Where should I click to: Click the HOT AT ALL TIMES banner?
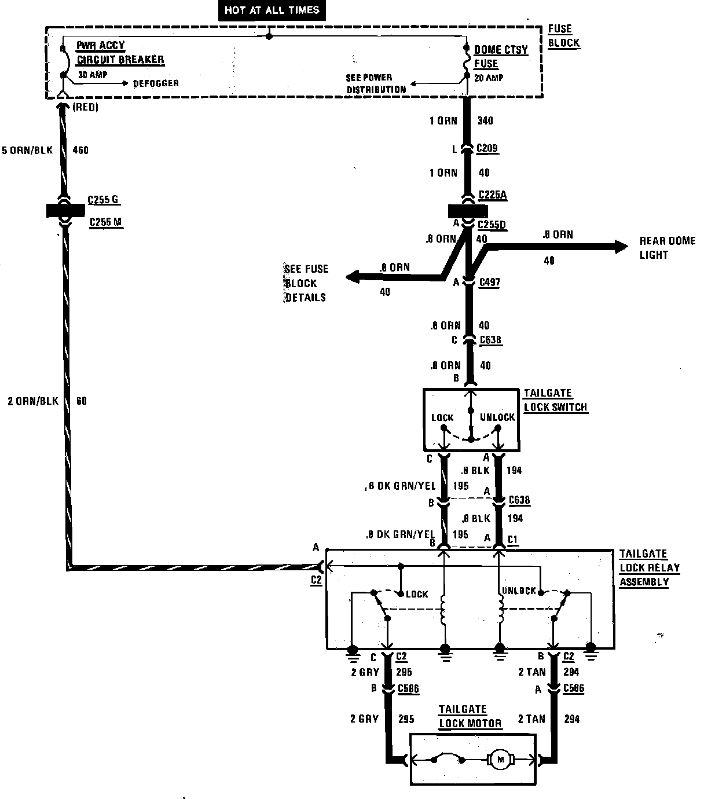tap(272, 10)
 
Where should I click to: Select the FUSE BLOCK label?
tap(563, 36)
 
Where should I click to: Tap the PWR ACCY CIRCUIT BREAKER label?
tap(120, 53)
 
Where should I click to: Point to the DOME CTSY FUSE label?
tap(501, 57)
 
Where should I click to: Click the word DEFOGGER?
tap(156, 83)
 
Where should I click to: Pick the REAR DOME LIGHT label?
tap(667, 248)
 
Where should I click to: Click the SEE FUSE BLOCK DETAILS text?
tap(306, 283)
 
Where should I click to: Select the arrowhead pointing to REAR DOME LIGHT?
tap(621, 247)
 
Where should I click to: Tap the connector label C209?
tap(487, 149)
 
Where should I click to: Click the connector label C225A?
tap(493, 195)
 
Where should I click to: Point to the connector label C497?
tap(489, 283)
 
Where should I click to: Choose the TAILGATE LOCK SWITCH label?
tap(555, 400)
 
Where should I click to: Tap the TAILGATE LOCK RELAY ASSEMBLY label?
tap(648, 568)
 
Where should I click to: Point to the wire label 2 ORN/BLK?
tap(33, 401)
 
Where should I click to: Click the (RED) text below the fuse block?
tap(86, 108)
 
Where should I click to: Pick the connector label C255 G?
tap(104, 200)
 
